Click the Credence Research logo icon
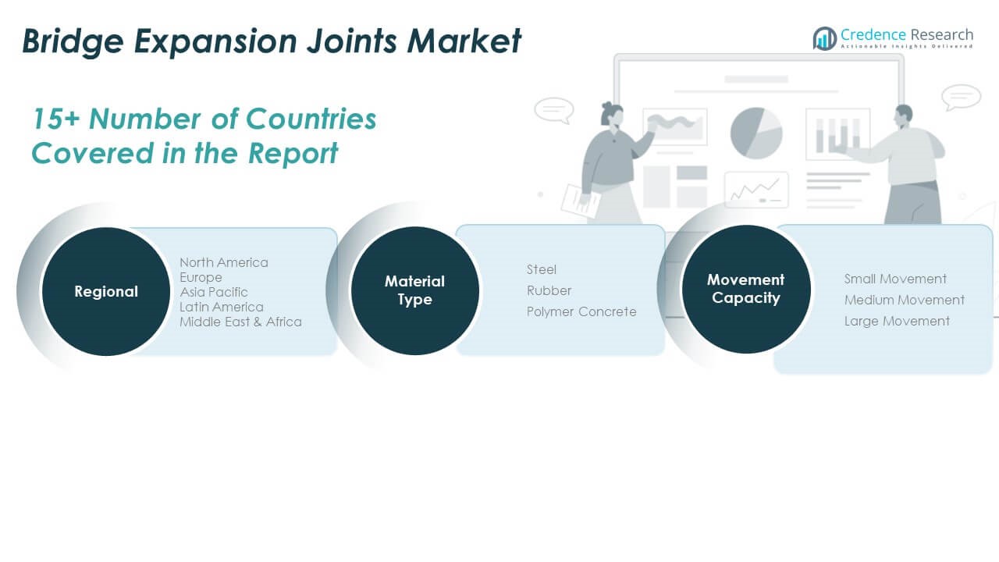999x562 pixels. (x=824, y=38)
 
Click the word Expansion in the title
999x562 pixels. (x=205, y=41)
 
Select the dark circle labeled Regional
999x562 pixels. (x=105, y=291)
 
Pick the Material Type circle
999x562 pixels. (x=414, y=290)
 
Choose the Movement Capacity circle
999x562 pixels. (x=745, y=288)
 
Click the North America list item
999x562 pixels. (x=223, y=262)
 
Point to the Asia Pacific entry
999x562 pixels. (x=213, y=292)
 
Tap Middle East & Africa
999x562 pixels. (x=240, y=322)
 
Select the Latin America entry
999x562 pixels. (x=221, y=307)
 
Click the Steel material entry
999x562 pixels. (x=542, y=269)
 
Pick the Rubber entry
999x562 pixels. (x=549, y=290)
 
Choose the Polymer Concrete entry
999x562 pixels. (x=581, y=311)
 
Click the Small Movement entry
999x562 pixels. (x=895, y=279)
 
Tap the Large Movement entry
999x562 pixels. (x=897, y=321)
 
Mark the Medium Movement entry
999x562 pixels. (x=904, y=300)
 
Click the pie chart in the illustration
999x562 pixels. (x=756, y=133)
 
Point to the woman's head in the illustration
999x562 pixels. (x=610, y=115)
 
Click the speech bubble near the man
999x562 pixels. (x=960, y=97)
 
